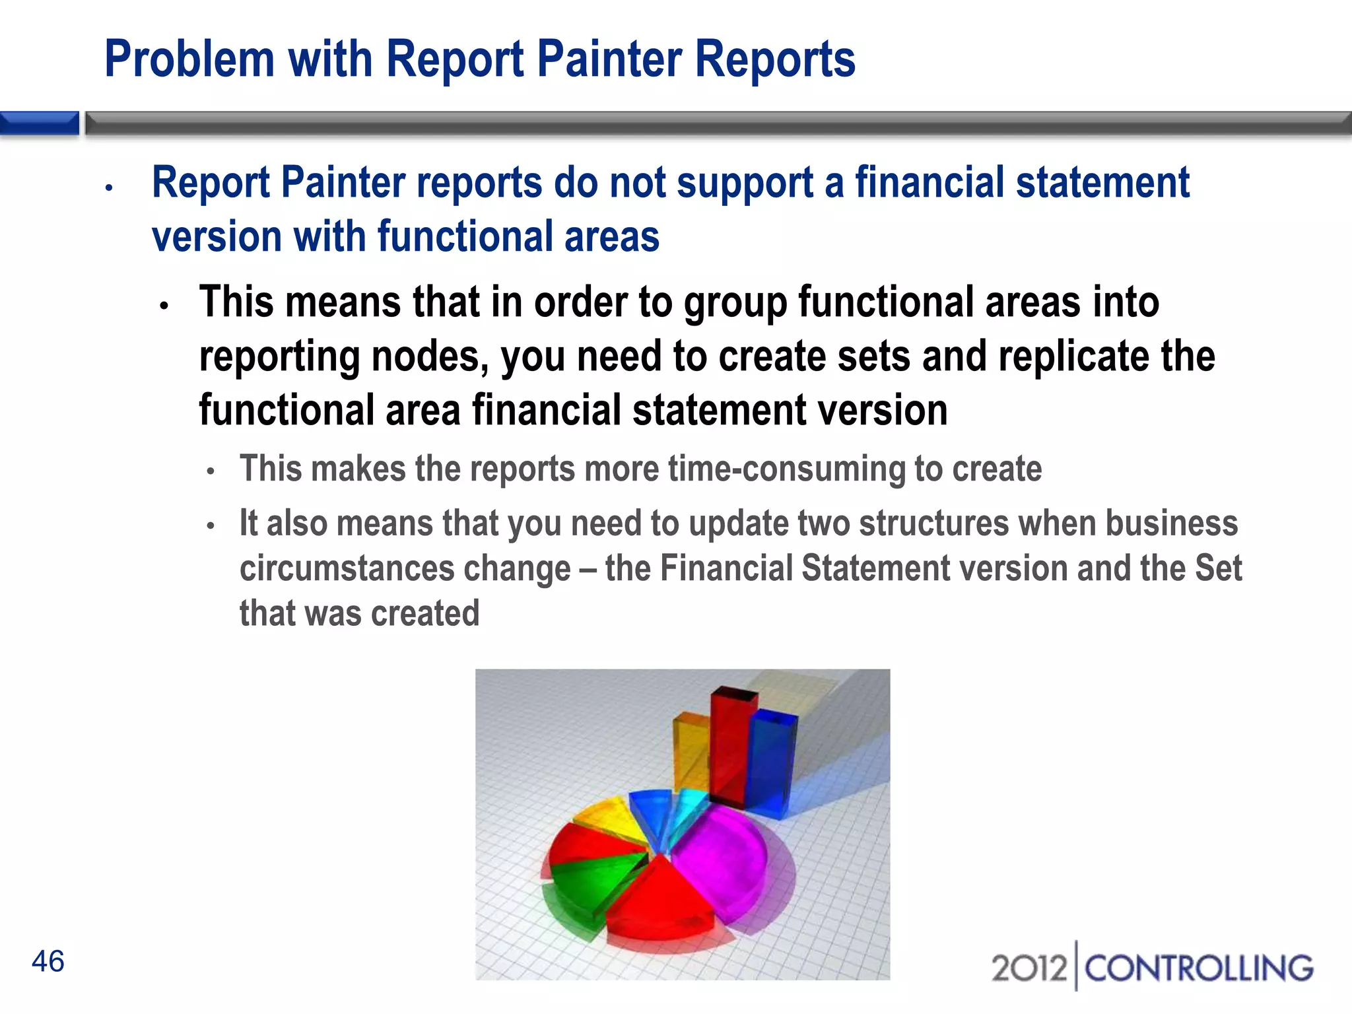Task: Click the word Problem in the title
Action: pyautogui.click(x=189, y=59)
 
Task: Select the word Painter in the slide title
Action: pyautogui.click(x=609, y=59)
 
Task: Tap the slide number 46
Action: pyautogui.click(x=48, y=961)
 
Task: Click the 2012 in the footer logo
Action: pyautogui.click(x=1029, y=968)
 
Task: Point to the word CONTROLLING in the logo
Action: pyautogui.click(x=1199, y=968)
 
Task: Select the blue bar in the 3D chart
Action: pyautogui.click(x=771, y=766)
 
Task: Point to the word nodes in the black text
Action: pyautogui.click(x=429, y=356)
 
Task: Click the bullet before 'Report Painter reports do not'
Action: pyautogui.click(x=110, y=188)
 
